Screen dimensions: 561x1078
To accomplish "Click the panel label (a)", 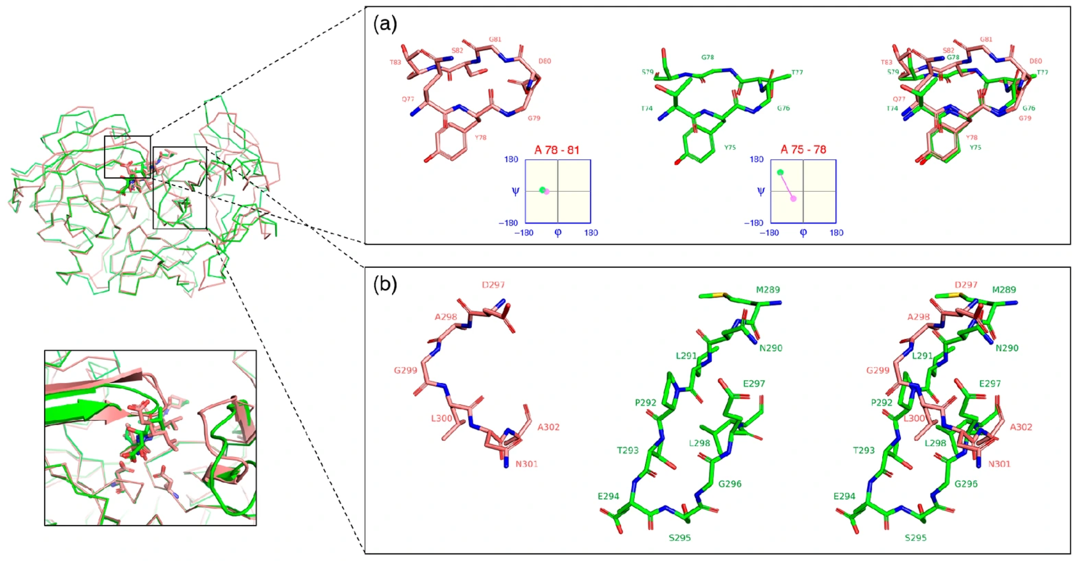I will click(x=385, y=24).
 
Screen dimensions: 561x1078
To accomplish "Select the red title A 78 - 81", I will click(x=557, y=150).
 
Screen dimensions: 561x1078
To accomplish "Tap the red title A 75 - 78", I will click(x=803, y=150).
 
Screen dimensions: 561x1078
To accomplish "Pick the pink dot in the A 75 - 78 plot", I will click(x=793, y=198).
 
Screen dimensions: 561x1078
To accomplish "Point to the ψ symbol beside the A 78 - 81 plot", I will click(x=515, y=191).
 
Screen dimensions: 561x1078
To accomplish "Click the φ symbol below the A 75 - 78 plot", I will click(x=803, y=232).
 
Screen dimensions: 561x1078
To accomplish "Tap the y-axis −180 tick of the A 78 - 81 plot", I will click(x=508, y=223).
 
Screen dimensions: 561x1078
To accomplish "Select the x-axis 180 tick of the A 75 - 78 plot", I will click(x=836, y=233).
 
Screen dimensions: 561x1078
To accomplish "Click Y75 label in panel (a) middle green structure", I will click(x=730, y=148).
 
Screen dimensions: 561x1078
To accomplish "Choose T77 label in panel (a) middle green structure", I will click(x=797, y=72).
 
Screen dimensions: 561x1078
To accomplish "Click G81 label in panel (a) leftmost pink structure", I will click(x=495, y=39).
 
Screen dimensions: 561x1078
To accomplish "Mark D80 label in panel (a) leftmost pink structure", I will click(x=544, y=61).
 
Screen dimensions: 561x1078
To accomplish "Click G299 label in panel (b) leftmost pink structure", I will click(x=405, y=370).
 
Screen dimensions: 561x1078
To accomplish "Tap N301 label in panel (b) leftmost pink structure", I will click(x=526, y=464).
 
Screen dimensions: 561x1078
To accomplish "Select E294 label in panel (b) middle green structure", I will click(x=608, y=496).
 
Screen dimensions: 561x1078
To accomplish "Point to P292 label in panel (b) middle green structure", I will click(x=645, y=403).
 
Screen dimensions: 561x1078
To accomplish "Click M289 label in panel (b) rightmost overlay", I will click(x=1004, y=290).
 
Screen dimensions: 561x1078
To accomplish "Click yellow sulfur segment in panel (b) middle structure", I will click(x=721, y=295).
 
